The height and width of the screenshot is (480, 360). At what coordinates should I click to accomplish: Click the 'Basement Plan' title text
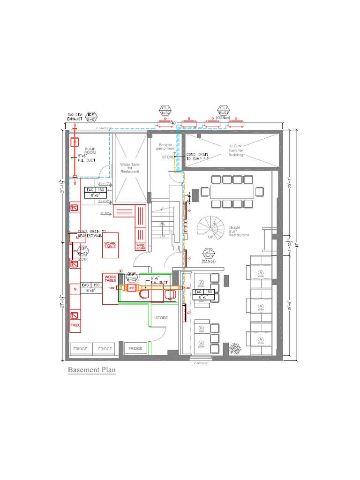pos(91,370)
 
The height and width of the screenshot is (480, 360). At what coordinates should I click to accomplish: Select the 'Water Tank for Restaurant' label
pos(130,168)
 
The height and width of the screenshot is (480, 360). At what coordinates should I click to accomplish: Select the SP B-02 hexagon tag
pos(83,251)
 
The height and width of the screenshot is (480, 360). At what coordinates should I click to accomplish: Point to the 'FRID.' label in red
pos(75,324)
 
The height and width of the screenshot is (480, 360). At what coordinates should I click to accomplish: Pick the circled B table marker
pos(201,328)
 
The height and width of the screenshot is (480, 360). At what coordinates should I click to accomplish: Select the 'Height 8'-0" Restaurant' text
pos(239,231)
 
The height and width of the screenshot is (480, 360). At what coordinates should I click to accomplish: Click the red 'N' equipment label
pos(75,290)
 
